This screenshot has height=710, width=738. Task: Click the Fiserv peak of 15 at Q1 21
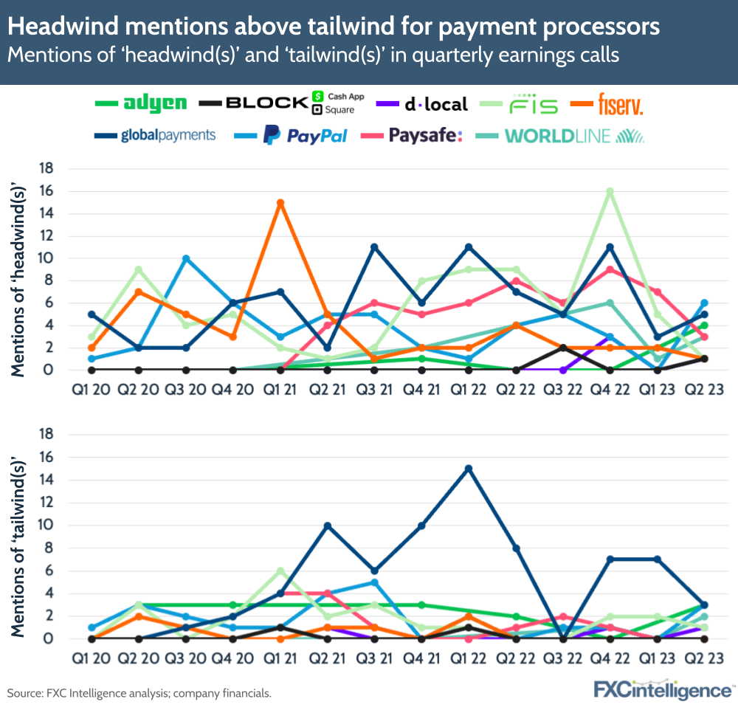click(280, 202)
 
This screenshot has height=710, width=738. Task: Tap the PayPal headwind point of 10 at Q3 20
click(187, 258)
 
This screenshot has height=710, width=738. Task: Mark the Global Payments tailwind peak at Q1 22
click(469, 469)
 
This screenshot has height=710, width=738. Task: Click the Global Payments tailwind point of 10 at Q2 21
click(328, 525)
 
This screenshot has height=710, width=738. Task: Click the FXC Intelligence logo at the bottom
click(663, 691)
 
